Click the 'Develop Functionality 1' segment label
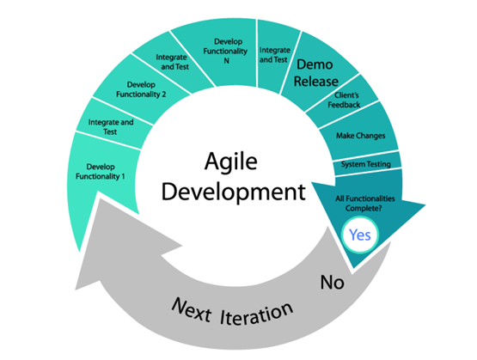tap(101, 172)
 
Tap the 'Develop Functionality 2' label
tap(141, 89)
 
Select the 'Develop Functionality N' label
tap(225, 51)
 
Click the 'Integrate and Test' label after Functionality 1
tap(111, 127)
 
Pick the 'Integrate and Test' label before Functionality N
tap(173, 62)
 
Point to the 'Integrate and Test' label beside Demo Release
tap(274, 55)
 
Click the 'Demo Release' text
tap(315, 73)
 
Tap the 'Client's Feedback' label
tap(344, 100)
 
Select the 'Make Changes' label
tap(361, 136)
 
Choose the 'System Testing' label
tap(366, 164)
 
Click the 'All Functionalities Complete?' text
tap(365, 204)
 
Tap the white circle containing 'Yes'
tap(360, 235)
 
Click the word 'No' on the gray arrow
tap(333, 283)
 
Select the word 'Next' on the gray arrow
tap(192, 310)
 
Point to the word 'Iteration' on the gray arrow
tap(257, 314)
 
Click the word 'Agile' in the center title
tap(231, 162)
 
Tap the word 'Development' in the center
tap(233, 192)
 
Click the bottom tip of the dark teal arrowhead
tap(353, 269)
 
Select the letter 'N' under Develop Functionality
tap(226, 61)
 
